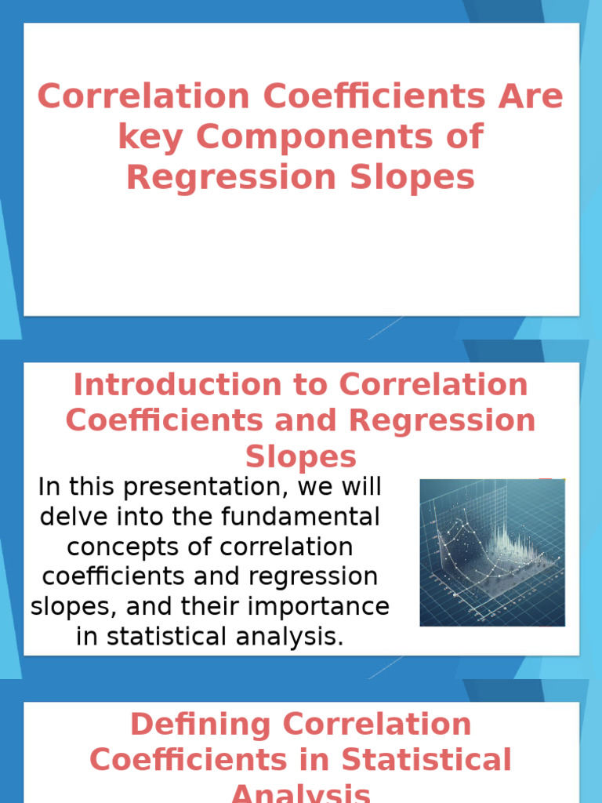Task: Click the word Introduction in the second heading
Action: (200, 385)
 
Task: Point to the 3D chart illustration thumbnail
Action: (491, 552)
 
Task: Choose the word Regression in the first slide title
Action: (223, 177)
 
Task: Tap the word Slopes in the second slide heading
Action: (300, 456)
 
